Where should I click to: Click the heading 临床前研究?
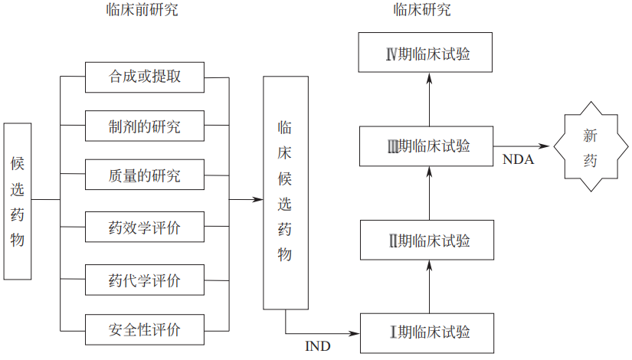pos(145,10)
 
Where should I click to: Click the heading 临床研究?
pos(422,10)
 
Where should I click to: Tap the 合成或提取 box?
pos(145,77)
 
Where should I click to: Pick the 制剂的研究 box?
pos(145,126)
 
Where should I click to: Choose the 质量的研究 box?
pos(145,175)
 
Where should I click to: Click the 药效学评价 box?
pos(145,227)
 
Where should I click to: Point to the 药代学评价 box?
pos(145,280)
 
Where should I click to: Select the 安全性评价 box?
pos(145,330)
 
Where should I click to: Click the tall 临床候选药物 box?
pos(285,193)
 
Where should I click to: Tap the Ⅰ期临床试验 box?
pos(427,332)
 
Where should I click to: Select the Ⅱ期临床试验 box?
pos(427,241)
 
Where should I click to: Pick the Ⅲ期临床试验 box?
pos(427,146)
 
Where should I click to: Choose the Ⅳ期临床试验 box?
pos(427,54)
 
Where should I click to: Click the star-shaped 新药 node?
pos(590,148)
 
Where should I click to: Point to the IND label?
pos(318,346)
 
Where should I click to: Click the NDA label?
pos(518,160)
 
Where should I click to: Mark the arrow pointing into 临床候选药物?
pos(247,201)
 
